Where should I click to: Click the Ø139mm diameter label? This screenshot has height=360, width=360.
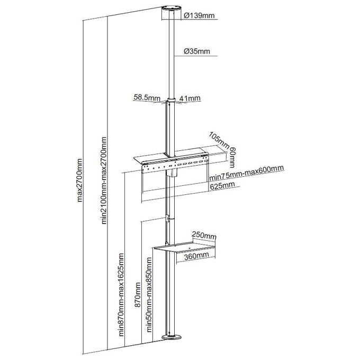click(199, 15)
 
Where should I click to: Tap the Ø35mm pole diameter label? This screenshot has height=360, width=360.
click(197, 51)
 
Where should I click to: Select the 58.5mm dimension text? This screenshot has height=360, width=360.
click(147, 98)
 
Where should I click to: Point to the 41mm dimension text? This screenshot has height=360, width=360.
click(190, 98)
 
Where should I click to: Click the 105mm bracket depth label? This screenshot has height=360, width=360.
click(219, 140)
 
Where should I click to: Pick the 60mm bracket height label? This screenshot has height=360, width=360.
click(232, 157)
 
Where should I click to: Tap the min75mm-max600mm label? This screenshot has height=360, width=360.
click(247, 173)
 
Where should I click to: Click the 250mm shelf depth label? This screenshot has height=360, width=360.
click(204, 235)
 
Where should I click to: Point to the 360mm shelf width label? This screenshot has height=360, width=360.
click(196, 256)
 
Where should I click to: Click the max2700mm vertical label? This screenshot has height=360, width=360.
click(79, 180)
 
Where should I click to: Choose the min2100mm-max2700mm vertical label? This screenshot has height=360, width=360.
click(104, 180)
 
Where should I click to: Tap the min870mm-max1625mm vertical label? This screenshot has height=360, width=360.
click(121, 295)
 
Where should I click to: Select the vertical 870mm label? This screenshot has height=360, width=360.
click(138, 295)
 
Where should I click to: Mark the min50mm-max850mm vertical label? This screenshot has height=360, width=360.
click(149, 295)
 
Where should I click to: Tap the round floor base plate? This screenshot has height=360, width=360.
click(171, 337)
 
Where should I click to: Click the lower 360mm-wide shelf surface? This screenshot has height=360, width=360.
click(185, 247)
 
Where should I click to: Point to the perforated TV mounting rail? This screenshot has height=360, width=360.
click(175, 164)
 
